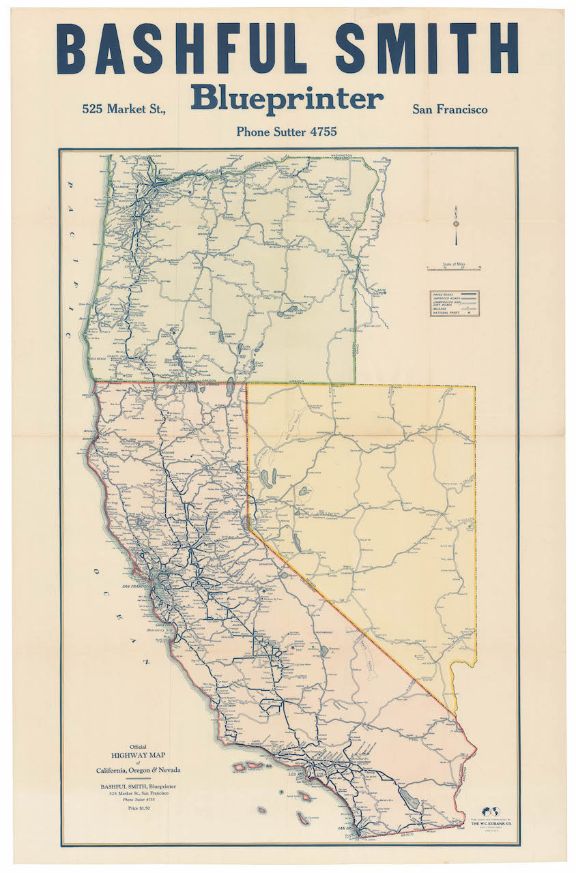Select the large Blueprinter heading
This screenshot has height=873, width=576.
click(x=287, y=99)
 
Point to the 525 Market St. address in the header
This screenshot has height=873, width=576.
click(x=124, y=109)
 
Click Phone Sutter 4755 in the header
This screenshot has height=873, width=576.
click(x=287, y=132)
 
